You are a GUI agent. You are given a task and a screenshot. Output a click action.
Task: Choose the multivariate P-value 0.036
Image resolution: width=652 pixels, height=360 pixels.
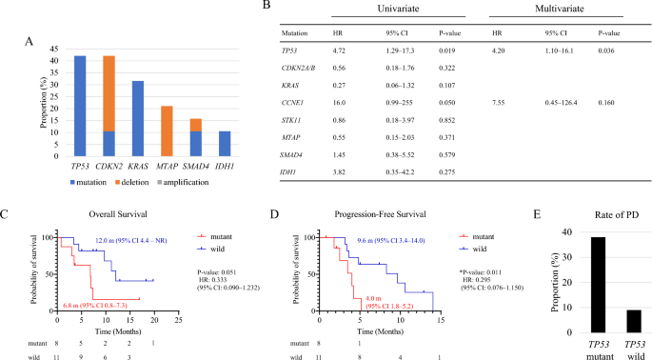(611, 56)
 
